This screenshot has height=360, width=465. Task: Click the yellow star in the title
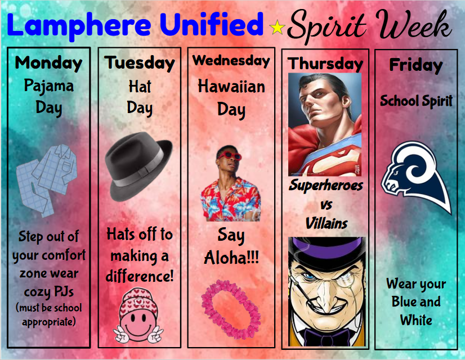[277, 26]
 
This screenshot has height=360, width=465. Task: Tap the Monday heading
[48, 62]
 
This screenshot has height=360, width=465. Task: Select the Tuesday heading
[140, 62]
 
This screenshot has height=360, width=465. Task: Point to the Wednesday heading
[231, 60]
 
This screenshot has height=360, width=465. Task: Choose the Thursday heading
[325, 64]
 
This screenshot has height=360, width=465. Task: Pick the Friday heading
[415, 65]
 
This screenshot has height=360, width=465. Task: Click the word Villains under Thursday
[327, 223]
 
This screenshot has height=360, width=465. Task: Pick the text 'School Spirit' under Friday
[415, 101]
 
